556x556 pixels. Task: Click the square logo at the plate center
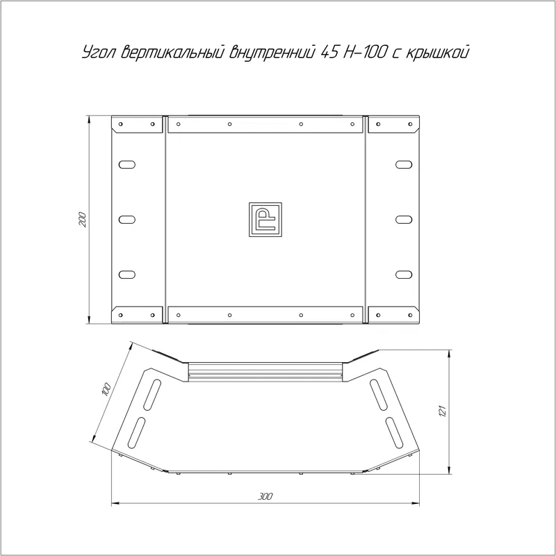tap(265, 220)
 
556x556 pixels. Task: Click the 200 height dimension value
tap(82, 220)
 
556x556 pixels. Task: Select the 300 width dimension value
tap(265, 496)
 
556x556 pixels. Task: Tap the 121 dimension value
tap(442, 411)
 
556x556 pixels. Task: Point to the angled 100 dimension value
tap(106, 389)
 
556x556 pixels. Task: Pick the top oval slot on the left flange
tap(127, 165)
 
